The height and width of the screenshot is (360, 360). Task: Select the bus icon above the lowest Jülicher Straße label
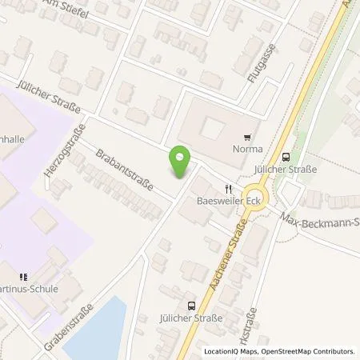[x=191, y=305]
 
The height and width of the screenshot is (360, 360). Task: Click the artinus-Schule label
[x=30, y=289]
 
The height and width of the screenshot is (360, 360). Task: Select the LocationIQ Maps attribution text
[x=230, y=352]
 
